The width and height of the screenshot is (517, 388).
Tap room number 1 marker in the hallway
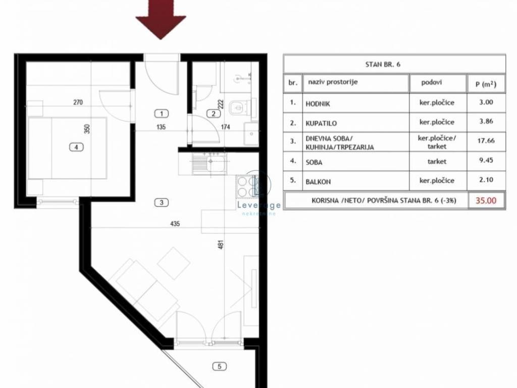[161, 114]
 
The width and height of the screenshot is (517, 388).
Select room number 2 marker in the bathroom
[214, 114]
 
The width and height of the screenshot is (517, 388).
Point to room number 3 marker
[161, 203]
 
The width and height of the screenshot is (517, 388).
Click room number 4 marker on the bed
[76, 147]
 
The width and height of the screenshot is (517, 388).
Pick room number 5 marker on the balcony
[220, 366]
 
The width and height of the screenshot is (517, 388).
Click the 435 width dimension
[175, 224]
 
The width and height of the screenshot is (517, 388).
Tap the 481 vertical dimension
[221, 245]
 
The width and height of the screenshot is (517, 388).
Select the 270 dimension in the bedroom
[78, 102]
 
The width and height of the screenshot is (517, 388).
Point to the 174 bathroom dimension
[226, 127]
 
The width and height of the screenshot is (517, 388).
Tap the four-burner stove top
[247, 186]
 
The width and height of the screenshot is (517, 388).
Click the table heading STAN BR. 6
[383, 64]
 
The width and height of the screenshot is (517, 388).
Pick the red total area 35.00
[486, 200]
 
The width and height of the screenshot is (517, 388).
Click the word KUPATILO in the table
[321, 123]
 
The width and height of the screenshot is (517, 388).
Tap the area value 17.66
[486, 140]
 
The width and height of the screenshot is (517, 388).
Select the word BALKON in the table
[318, 182]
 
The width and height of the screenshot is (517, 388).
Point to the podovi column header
[431, 82]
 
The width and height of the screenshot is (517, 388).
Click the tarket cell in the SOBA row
[437, 162]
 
